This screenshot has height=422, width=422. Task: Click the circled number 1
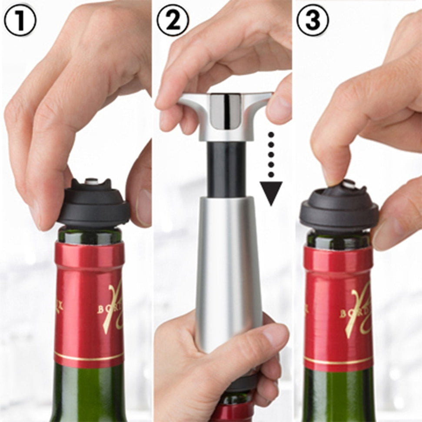point(20,20)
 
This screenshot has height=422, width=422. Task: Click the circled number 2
point(173,20)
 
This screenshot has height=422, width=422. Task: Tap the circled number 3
point(313,20)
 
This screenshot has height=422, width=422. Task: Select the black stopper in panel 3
point(339,209)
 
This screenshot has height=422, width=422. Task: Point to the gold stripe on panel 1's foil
point(89,357)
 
